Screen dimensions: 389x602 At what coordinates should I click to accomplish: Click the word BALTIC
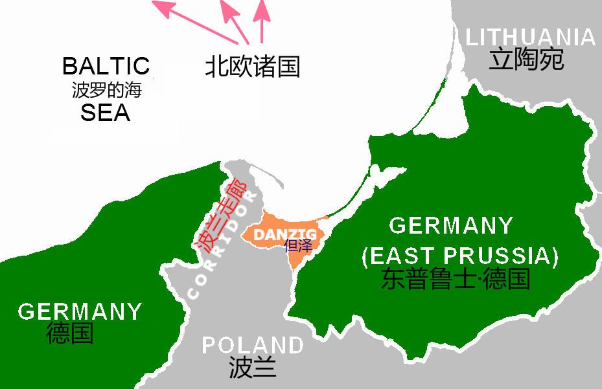(106, 66)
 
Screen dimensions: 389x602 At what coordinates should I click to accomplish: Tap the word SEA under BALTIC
(106, 113)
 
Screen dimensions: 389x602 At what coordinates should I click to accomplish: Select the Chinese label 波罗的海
(106, 89)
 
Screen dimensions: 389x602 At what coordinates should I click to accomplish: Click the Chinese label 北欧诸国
(252, 67)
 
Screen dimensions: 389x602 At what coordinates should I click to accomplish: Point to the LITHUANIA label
(531, 37)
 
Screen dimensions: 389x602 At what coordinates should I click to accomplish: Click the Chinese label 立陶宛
(526, 60)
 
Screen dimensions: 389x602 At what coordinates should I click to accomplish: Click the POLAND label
(252, 345)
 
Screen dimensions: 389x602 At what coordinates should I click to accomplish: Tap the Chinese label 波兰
(252, 368)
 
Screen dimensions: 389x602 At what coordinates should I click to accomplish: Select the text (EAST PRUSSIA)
(459, 256)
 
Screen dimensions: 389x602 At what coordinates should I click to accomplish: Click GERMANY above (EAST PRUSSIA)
(451, 226)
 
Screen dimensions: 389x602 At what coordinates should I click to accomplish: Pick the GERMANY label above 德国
(80, 311)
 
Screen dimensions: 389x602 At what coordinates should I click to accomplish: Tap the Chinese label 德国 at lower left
(70, 333)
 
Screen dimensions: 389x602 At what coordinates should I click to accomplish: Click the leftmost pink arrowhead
(162, 8)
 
